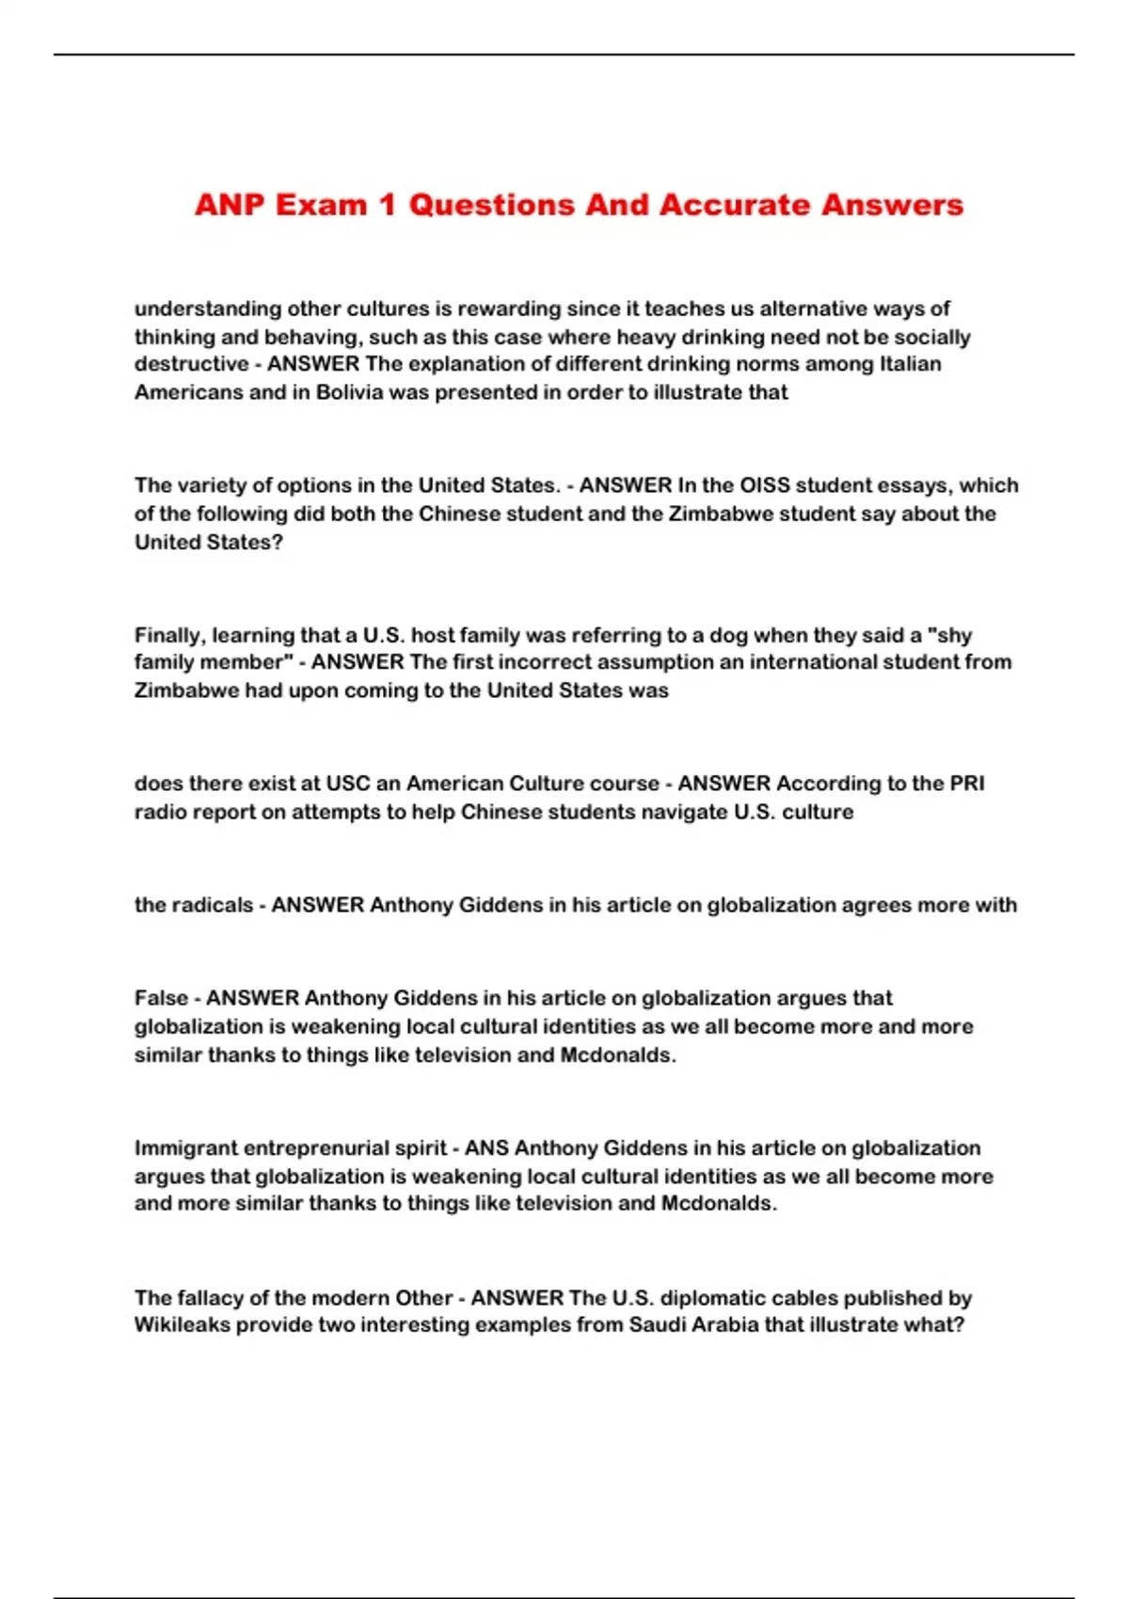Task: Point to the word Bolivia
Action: pyautogui.click(x=349, y=392)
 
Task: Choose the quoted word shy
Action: pyautogui.click(x=950, y=635)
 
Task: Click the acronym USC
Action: pyautogui.click(x=348, y=784)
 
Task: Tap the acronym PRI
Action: pyautogui.click(x=966, y=784)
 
